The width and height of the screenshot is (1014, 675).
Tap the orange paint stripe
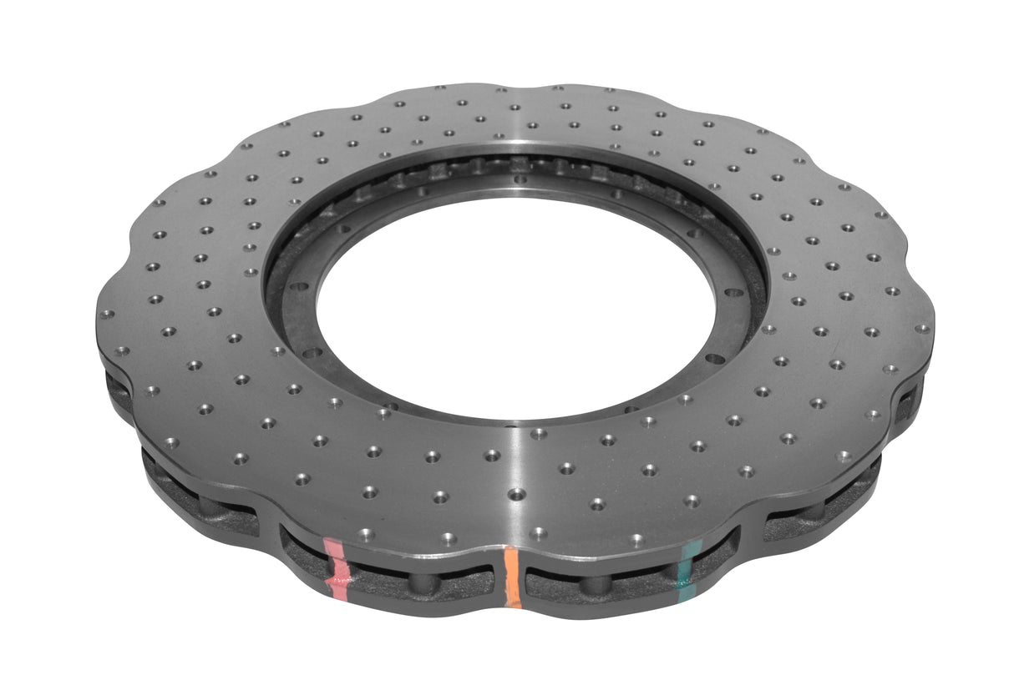click(x=512, y=577)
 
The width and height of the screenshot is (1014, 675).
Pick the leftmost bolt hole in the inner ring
click(x=311, y=353)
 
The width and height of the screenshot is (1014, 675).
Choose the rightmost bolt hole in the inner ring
click(x=734, y=293)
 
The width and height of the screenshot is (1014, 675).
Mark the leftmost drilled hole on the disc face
click(x=107, y=315)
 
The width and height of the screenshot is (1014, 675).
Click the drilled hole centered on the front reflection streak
click(x=517, y=494)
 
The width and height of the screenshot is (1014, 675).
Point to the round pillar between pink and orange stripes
click(x=423, y=582)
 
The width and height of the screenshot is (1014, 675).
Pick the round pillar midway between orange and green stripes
click(x=595, y=583)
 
